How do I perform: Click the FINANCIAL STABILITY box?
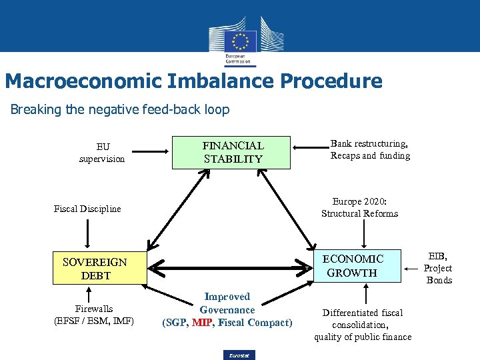pyautogui.click(x=233, y=152)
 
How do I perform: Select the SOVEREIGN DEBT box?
pyautogui.click(x=99, y=269)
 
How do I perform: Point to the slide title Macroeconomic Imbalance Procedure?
pyautogui.click(x=193, y=81)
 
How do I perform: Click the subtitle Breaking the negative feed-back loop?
pyautogui.click(x=120, y=109)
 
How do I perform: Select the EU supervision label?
pyautogui.click(x=102, y=153)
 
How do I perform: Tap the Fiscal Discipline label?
pyautogui.click(x=87, y=209)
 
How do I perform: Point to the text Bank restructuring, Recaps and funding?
pyautogui.click(x=370, y=149)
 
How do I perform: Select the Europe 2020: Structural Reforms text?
pyautogui.click(x=359, y=207)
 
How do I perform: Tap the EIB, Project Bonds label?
pyautogui.click(x=438, y=268)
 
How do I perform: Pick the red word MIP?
pyautogui.click(x=201, y=323)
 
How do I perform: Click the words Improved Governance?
pyautogui.click(x=227, y=303)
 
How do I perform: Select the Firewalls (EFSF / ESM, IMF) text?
pyautogui.click(x=93, y=315)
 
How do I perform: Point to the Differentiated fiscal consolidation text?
pyautogui.click(x=363, y=325)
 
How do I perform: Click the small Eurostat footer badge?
pyautogui.click(x=239, y=355)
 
